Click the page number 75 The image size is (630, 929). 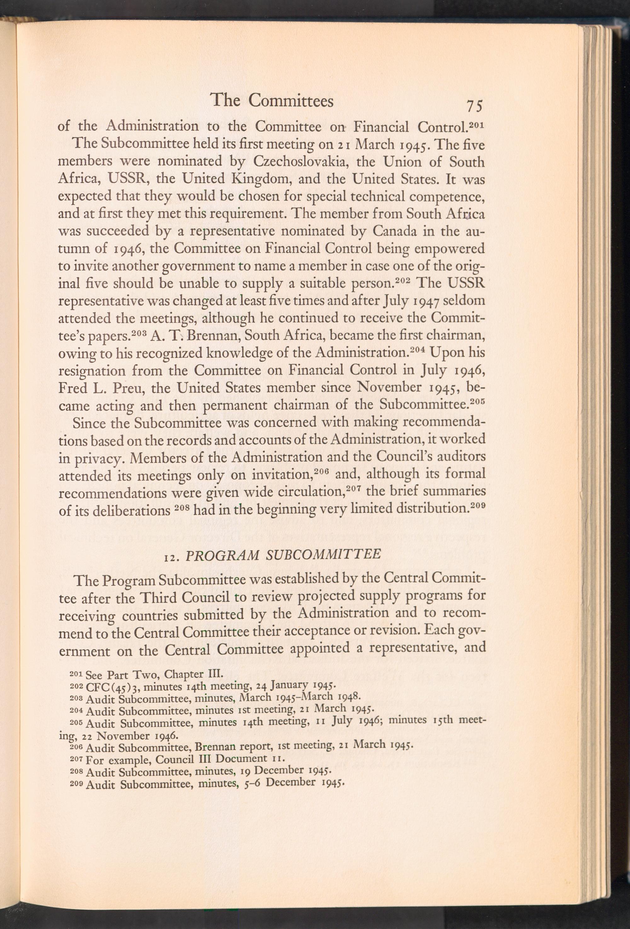pos(473,106)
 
